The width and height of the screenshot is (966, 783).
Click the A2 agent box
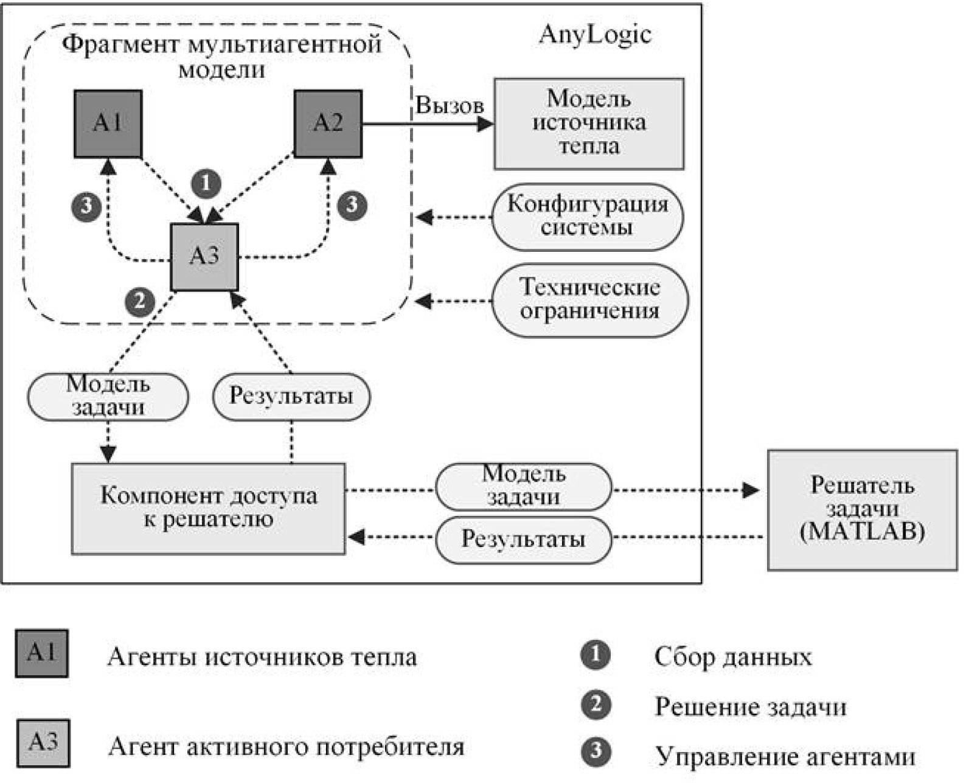click(328, 124)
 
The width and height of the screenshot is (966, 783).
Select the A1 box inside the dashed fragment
click(108, 124)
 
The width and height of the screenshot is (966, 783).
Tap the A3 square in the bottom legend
click(43, 743)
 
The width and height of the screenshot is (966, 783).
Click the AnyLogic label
click(594, 34)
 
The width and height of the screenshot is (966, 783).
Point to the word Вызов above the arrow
click(449, 105)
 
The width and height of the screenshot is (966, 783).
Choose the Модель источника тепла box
click(588, 124)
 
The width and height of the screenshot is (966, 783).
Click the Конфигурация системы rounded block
click(587, 217)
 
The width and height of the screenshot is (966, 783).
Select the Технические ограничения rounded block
click(589, 299)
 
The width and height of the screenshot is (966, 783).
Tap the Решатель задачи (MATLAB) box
click(862, 509)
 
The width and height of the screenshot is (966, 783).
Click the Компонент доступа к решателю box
click(208, 509)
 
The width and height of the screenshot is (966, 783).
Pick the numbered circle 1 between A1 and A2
click(206, 183)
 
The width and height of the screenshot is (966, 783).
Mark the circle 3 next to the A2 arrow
click(352, 204)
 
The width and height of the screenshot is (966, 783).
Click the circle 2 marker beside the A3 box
click(140, 301)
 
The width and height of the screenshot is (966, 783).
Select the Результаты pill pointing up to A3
click(291, 397)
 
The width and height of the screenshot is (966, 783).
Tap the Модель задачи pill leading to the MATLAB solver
click(523, 486)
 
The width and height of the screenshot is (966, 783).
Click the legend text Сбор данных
click(732, 657)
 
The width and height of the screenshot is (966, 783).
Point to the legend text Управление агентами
click(785, 756)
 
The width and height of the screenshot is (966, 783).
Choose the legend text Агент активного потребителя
click(286, 746)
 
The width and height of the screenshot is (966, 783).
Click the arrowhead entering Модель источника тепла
click(485, 124)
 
